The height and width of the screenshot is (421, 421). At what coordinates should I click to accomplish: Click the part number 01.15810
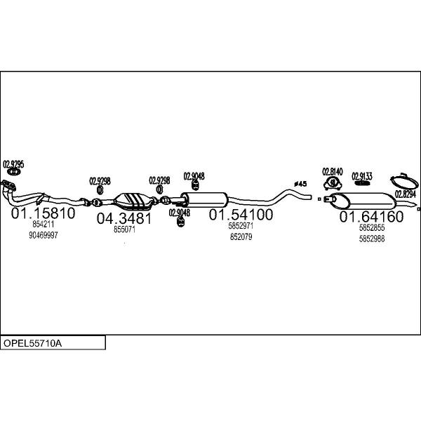[x=43, y=213]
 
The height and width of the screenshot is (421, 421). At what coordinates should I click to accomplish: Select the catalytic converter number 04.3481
[x=124, y=218]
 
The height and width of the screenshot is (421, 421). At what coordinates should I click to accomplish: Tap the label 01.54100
[x=241, y=215]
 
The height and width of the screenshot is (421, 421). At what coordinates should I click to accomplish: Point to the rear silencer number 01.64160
[x=371, y=216]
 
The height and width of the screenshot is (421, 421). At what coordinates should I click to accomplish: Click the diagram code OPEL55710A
[x=32, y=343]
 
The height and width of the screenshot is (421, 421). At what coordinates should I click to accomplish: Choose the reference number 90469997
[x=44, y=235]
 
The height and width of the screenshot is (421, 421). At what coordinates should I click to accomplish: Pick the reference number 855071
[x=124, y=229]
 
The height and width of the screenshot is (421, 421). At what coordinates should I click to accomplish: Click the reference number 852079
[x=241, y=237]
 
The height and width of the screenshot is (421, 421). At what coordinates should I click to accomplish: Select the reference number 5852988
[x=372, y=239]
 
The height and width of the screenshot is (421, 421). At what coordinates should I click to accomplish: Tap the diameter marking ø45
[x=300, y=184]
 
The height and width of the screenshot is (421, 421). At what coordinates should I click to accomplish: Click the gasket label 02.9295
[x=13, y=164]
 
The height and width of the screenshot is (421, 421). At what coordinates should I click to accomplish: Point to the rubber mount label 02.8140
[x=333, y=172]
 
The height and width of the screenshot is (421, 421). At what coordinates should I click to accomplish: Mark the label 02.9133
[x=362, y=176]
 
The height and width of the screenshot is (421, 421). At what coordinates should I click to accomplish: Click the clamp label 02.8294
[x=405, y=194]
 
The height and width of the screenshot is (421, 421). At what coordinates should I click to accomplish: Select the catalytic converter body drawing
[x=133, y=201]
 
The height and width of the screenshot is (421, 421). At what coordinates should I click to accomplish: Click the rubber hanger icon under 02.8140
[x=333, y=183]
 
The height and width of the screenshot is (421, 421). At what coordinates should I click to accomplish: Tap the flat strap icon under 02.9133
[x=362, y=183]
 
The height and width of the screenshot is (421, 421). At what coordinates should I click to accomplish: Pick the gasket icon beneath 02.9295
[x=13, y=172]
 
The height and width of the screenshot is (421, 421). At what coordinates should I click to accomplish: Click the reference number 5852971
[x=241, y=226]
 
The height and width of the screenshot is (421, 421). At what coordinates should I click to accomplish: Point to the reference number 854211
[x=44, y=225]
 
